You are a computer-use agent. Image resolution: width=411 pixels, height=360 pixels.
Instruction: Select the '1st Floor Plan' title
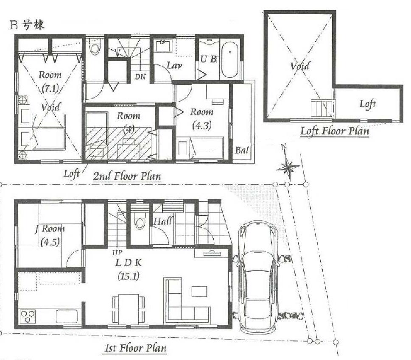coord(135,349)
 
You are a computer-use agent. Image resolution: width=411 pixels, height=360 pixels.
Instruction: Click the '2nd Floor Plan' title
coord(127,176)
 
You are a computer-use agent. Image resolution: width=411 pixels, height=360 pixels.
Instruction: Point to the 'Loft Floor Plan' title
coord(334,131)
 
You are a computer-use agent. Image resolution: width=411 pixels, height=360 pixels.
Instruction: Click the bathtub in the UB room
coord(229,59)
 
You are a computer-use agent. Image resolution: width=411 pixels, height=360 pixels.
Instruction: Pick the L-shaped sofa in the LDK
coord(187,301)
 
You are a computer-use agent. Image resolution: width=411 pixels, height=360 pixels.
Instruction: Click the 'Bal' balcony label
coord(242,150)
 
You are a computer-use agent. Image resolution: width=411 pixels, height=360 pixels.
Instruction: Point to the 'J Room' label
coord(50,229)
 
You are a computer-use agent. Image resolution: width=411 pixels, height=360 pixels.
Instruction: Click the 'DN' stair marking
coord(140,77)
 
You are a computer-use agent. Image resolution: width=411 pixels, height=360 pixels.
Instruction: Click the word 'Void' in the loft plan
coord(300,66)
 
